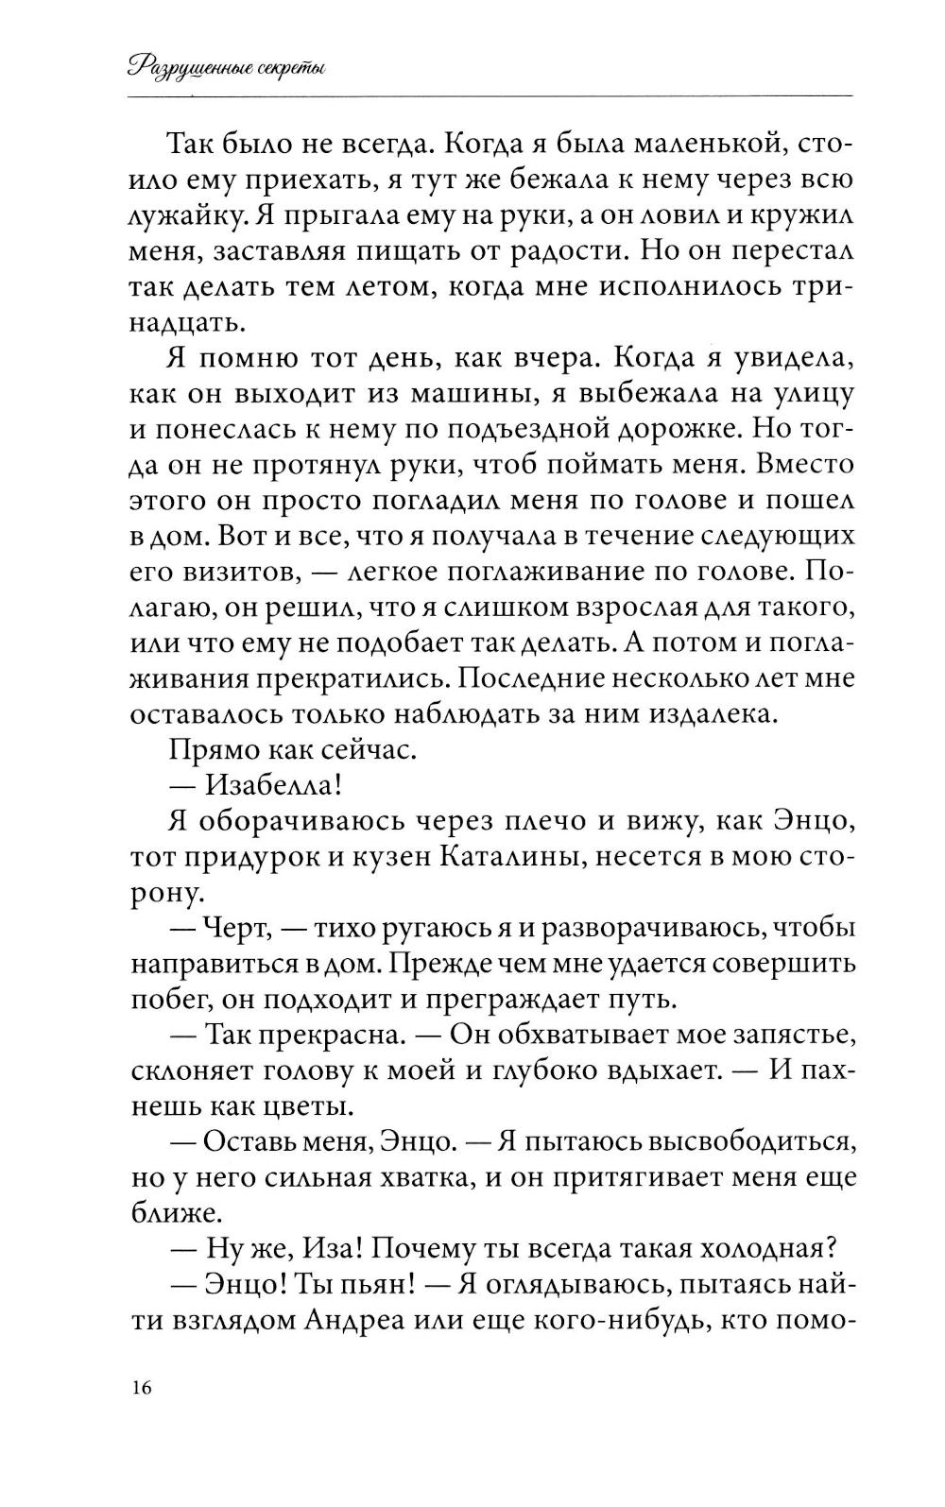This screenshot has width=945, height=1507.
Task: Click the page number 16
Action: tap(141, 1388)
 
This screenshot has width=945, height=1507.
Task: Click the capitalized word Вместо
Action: tap(806, 466)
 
